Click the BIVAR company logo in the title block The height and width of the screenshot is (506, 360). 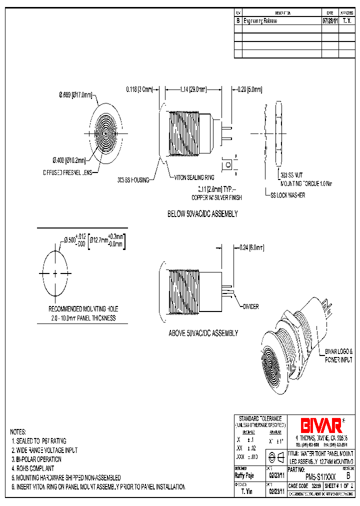coord(321,425)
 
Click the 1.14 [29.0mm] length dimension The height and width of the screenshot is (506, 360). coord(192,89)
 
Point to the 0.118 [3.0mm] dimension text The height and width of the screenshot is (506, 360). coord(139,89)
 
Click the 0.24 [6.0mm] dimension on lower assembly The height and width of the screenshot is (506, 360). coord(250,247)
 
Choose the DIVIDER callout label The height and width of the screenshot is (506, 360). coord(250,306)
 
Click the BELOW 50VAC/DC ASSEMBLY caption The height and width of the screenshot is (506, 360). coord(202,214)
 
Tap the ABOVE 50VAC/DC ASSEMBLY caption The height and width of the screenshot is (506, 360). coord(203,333)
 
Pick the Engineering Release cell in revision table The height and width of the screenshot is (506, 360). coord(260,21)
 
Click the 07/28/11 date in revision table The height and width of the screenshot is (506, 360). coord(330,21)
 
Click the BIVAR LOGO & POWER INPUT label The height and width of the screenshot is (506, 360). coord(339,355)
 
